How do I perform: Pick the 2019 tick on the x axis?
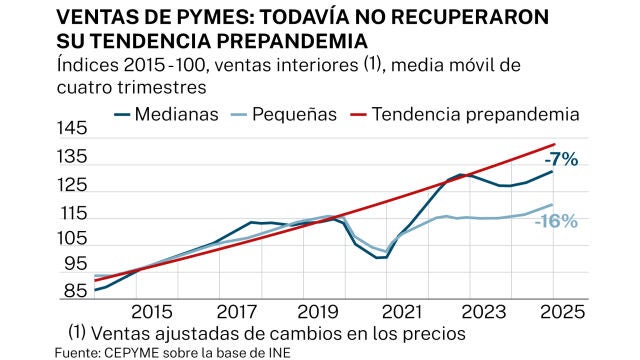[x=319, y=311]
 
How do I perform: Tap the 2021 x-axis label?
[x=410, y=311]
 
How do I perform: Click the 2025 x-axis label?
[x=556, y=311]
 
